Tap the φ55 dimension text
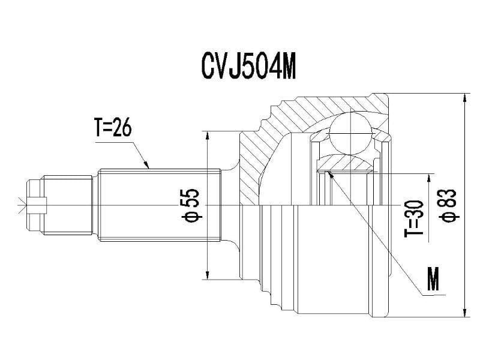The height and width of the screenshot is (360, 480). [191, 205]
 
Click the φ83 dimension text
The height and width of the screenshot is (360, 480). [449, 205]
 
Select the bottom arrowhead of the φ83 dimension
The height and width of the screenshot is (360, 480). [465, 313]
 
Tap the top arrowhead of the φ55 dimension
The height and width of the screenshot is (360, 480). [208, 135]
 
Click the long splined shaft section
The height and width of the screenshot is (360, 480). [159, 205]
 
